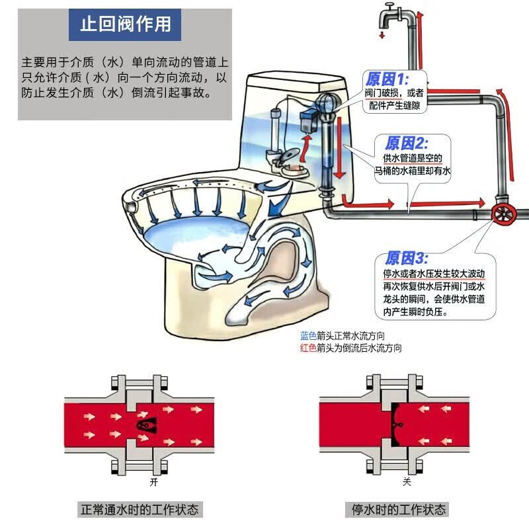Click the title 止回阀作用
pos(125,24)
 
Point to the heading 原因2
pos(406,143)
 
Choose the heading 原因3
pos(407,258)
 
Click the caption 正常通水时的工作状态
pos(139,510)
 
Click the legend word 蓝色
pos(307,336)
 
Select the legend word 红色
pos(307,348)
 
